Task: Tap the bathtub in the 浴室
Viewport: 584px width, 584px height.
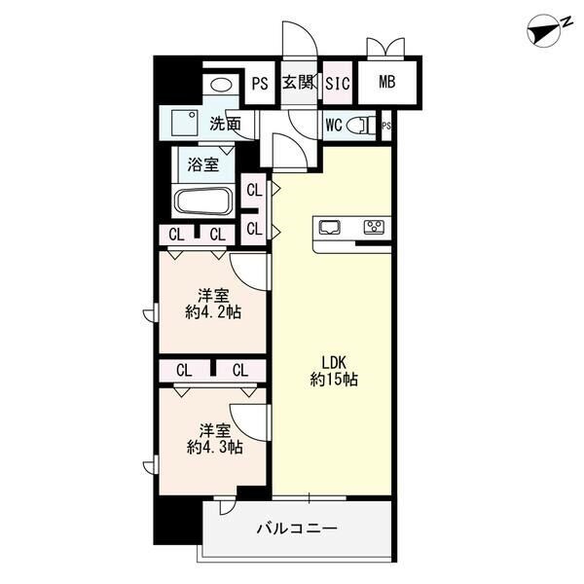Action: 203,201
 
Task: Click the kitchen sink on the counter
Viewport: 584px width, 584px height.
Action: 329,227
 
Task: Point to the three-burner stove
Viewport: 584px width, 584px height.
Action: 375,227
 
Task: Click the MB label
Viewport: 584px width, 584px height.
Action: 387,82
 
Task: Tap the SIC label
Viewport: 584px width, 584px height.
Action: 338,84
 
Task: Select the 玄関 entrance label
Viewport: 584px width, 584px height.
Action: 298,83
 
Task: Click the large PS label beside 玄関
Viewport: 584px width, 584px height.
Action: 260,84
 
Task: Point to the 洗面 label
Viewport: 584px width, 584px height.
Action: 225,124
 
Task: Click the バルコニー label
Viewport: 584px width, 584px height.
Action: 297,529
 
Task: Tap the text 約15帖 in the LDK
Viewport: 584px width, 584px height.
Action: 334,380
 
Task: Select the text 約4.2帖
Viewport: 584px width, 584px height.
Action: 213,312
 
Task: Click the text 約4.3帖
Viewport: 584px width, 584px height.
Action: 215,447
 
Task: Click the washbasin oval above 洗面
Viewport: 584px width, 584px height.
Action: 221,85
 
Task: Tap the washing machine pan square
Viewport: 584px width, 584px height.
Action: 184,124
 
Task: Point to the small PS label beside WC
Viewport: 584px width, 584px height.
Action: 386,126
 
